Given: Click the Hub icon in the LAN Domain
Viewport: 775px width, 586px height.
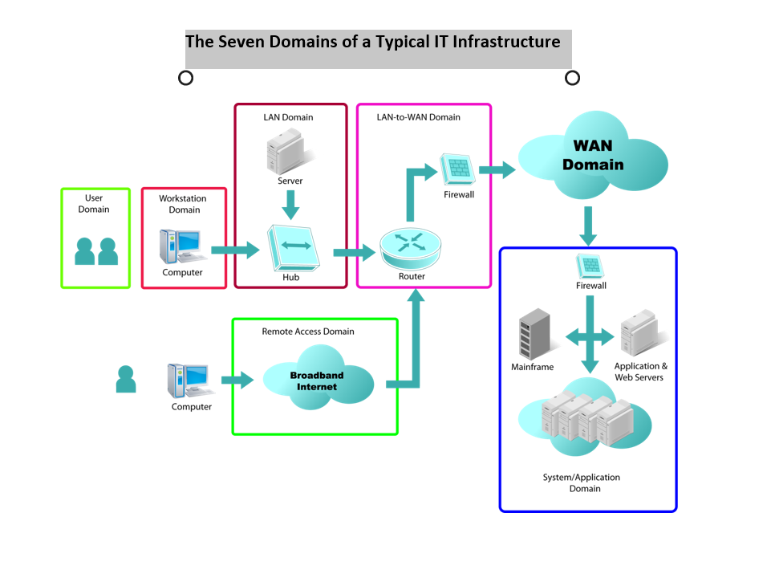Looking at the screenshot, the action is click(293, 248).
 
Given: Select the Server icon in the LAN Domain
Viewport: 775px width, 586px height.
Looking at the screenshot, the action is click(290, 151).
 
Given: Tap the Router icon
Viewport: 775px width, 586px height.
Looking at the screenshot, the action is click(410, 248).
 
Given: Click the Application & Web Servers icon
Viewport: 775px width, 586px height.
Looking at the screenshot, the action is click(642, 333).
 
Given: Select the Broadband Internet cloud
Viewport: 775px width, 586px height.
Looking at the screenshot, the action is click(318, 378).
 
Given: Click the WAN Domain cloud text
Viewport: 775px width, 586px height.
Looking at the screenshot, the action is click(593, 155).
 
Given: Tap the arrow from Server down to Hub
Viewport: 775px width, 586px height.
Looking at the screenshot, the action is click(290, 205).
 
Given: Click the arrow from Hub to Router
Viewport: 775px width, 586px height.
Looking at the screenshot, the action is click(355, 253).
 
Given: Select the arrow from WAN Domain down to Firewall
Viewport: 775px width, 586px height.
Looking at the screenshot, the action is click(588, 226).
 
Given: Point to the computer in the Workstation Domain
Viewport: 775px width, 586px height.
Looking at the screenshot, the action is click(181, 246).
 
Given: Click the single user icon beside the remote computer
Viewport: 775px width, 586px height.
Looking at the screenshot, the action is click(125, 379).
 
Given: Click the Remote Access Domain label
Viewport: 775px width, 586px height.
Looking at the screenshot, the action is click(308, 332).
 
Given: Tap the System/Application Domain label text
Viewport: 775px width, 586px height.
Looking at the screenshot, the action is click(582, 482).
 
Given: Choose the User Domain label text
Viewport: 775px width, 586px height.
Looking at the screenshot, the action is click(94, 204).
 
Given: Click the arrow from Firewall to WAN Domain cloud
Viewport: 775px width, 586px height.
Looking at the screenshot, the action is click(497, 170).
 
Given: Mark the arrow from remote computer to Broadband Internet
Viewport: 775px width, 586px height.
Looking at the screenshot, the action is click(237, 380).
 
